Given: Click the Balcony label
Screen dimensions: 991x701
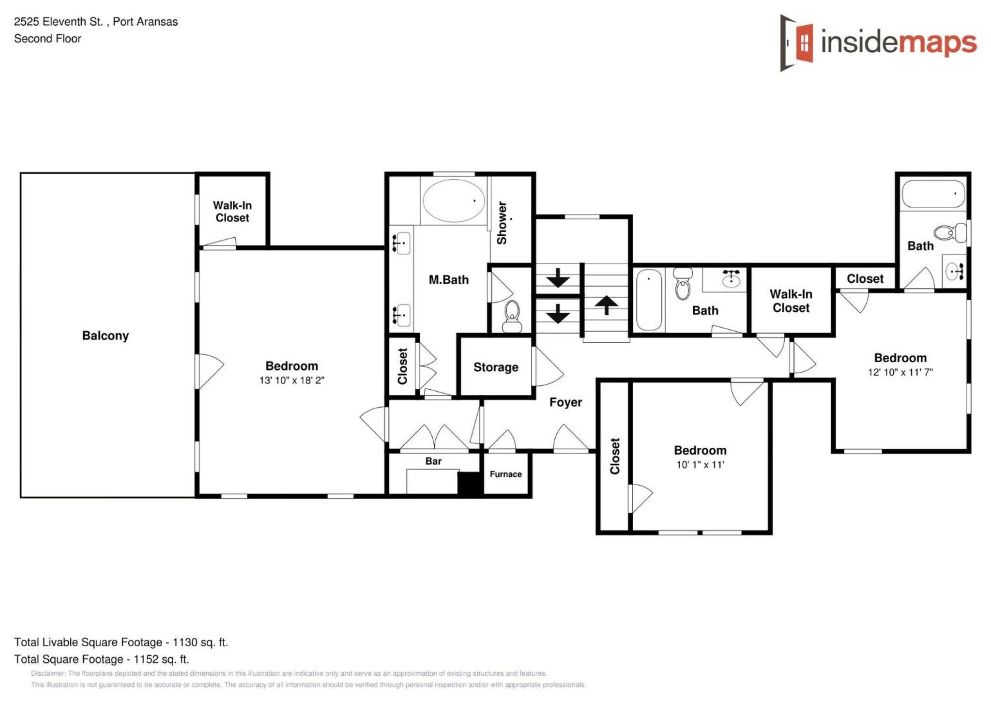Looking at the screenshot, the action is tap(106, 335).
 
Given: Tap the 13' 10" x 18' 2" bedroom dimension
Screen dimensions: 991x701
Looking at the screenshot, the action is tap(292, 380).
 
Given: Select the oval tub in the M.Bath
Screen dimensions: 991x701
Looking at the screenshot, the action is tap(454, 200).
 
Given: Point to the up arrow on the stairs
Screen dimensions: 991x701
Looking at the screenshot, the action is tap(606, 305).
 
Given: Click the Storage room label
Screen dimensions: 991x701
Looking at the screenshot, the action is tap(496, 367).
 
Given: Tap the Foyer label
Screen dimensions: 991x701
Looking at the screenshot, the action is tap(565, 402).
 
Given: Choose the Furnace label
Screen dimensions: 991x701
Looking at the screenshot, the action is tap(505, 474).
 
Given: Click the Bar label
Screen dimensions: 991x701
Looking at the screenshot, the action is tap(433, 461).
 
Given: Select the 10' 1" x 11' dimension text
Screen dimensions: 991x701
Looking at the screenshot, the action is tap(700, 465).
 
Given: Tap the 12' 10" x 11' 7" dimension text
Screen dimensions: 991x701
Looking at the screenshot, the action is tap(900, 372).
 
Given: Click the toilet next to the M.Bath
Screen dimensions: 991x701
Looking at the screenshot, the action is tap(512, 317).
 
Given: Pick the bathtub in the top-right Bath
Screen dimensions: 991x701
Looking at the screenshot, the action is tap(933, 194).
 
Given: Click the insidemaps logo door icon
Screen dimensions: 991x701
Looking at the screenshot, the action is tap(796, 43).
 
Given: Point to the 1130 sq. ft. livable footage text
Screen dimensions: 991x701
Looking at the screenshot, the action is tap(200, 642).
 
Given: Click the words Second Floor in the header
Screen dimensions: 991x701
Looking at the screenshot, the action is tap(47, 39).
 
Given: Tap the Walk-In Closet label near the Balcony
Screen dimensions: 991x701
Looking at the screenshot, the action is tap(232, 212).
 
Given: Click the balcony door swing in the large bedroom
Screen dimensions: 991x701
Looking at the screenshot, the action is tap(210, 371).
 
